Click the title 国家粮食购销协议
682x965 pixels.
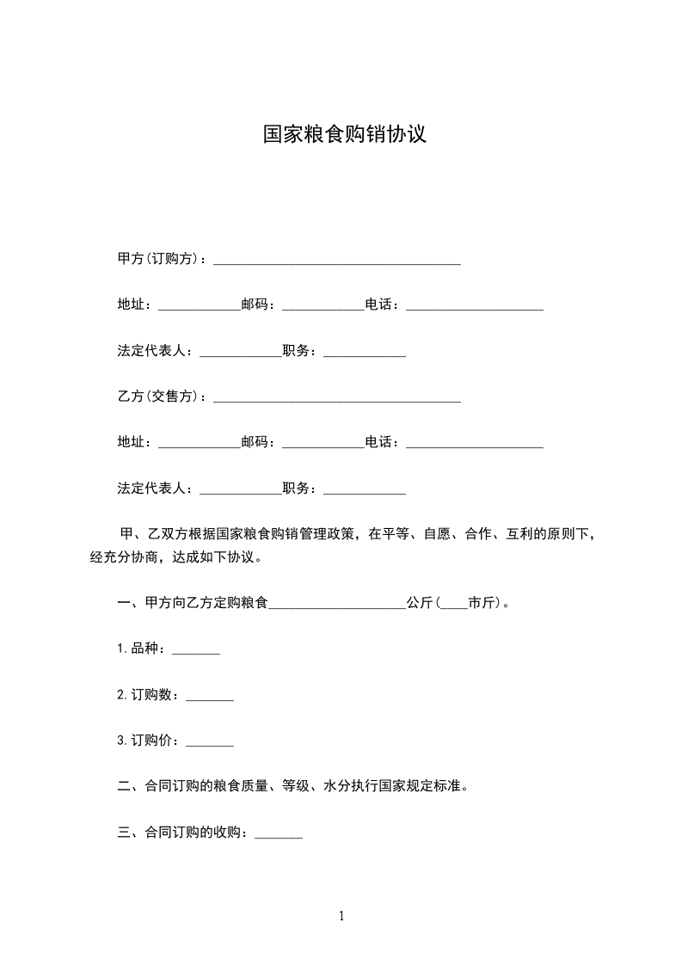tap(344, 135)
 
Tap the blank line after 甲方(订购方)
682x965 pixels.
tap(336, 261)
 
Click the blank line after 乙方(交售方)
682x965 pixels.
tap(336, 399)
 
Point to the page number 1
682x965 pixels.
tap(341, 916)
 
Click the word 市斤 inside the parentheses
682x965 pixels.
tap(482, 604)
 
